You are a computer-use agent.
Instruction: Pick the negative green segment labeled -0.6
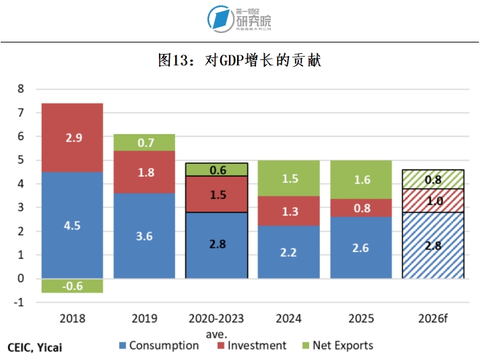pos(72,286)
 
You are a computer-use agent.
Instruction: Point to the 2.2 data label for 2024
pos(288,253)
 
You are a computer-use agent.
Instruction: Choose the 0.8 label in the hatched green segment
pos(434,179)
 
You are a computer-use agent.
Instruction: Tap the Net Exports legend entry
pos(336,346)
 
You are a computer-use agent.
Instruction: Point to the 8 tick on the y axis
pos(20,89)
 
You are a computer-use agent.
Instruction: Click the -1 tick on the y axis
pos(19,303)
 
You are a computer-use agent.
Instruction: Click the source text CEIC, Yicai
pos(39,348)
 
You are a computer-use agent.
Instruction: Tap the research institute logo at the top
pos(240,18)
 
